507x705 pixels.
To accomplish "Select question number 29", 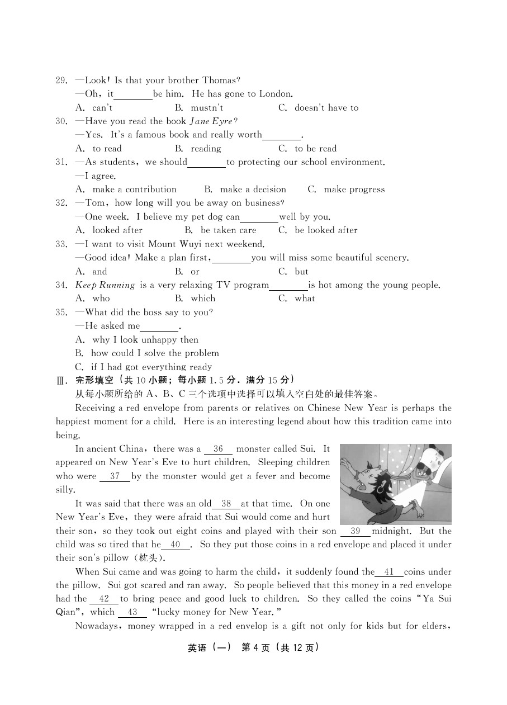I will tap(61, 81).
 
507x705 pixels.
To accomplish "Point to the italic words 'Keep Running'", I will tap(105, 285).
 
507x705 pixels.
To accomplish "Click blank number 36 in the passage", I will tap(218, 449).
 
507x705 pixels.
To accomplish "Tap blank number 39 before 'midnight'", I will tap(355, 531).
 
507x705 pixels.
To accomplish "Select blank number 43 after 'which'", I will tap(132, 612).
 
